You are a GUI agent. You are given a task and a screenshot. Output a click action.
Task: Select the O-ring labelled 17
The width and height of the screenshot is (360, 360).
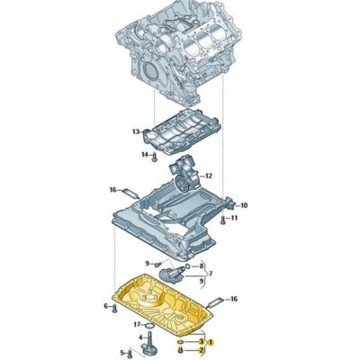(149, 325)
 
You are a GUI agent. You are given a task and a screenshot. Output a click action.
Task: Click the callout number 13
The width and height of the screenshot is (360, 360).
(136, 132)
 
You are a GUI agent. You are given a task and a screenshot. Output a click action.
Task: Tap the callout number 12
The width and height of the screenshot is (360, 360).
(208, 175)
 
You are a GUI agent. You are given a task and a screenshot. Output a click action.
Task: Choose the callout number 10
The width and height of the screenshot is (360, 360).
(243, 205)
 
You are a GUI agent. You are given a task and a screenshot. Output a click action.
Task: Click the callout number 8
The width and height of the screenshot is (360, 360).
(202, 267)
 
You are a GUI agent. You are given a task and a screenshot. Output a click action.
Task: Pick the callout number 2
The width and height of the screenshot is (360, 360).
(202, 352)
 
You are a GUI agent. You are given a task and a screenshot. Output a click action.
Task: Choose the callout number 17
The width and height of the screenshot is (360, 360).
(137, 325)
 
